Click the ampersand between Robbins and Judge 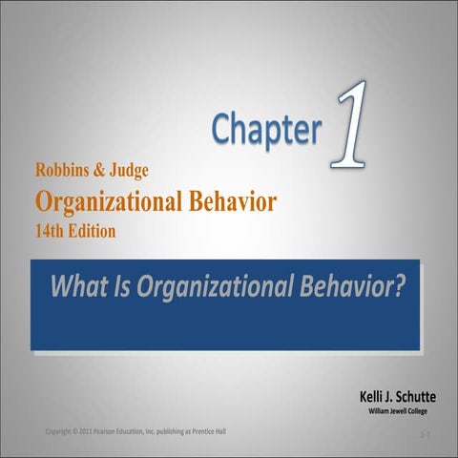pos(106,173)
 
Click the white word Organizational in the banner pos(215,284)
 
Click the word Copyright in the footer pos(62,432)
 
